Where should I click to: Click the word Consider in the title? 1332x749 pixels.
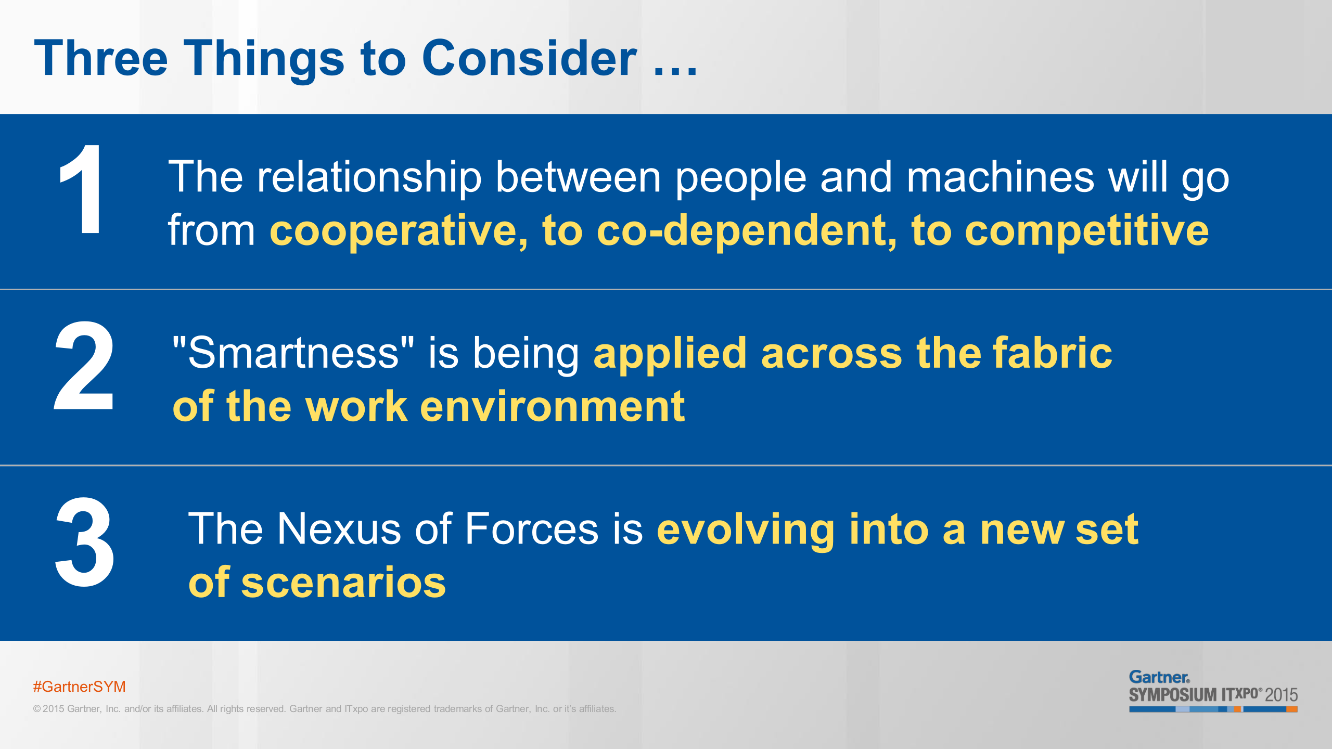(x=529, y=58)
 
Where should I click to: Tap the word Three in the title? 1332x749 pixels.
(x=101, y=58)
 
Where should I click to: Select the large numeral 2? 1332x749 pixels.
(x=84, y=366)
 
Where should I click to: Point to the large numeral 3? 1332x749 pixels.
(x=84, y=542)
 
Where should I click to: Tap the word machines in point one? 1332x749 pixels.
(x=1001, y=177)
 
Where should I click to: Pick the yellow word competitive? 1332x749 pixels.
(x=1087, y=231)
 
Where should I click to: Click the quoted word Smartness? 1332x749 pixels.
(x=293, y=353)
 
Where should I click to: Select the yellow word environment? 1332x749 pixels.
(x=553, y=407)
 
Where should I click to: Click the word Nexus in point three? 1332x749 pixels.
(x=339, y=529)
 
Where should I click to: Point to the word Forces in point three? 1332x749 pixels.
(x=532, y=529)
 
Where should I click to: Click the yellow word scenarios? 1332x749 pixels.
(x=343, y=583)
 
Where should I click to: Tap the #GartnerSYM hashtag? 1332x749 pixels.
(x=80, y=687)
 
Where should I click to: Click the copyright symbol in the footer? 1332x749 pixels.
(x=37, y=709)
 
